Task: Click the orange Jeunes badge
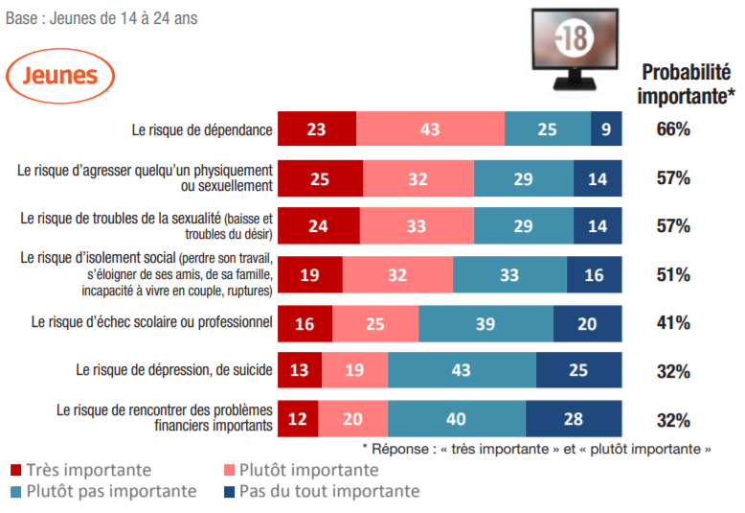tap(59, 75)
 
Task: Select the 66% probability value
tap(673, 129)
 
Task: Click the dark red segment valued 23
tap(317, 129)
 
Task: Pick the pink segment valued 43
tap(430, 129)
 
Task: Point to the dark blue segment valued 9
tap(606, 129)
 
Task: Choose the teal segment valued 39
tap(485, 323)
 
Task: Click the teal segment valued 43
tap(462, 371)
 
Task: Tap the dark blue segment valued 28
tap(574, 419)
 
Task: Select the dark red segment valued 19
tap(310, 274)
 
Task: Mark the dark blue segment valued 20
tap(587, 323)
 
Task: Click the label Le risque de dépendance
tap(202, 129)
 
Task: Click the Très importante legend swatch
tap(15, 471)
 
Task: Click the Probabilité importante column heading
tap(687, 83)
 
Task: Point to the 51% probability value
tap(673, 274)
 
